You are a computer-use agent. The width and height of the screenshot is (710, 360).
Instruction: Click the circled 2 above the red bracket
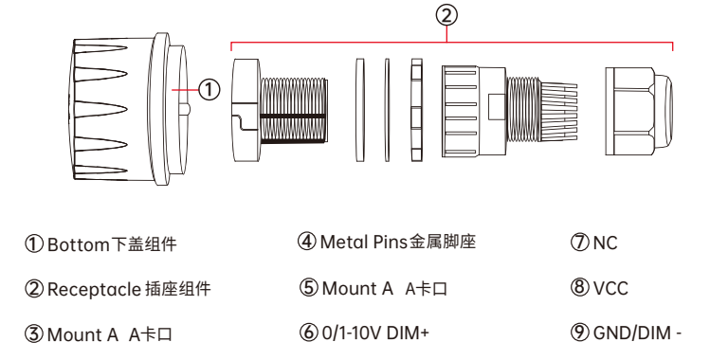[446, 16]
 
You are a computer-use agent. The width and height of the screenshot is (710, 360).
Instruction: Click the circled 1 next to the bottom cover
[209, 90]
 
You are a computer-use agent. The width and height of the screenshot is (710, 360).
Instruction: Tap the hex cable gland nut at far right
[639, 110]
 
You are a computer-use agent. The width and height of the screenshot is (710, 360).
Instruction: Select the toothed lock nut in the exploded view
[417, 110]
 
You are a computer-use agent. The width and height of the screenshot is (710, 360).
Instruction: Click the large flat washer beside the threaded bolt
[360, 110]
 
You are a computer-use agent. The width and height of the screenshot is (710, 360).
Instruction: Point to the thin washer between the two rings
[387, 110]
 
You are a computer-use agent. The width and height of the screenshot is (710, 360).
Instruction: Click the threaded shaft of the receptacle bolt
[294, 110]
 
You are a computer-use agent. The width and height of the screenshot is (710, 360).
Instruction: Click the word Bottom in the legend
[79, 244]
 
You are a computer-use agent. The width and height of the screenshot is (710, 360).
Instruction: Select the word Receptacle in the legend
[94, 290]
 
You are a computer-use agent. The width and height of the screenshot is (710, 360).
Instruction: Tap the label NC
[605, 243]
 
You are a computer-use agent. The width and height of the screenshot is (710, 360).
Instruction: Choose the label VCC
[610, 288]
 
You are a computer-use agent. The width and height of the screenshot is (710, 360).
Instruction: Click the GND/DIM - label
[637, 333]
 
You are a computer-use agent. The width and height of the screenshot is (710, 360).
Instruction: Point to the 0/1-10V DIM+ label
[375, 333]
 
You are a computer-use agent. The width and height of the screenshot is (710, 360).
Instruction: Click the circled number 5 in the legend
[309, 288]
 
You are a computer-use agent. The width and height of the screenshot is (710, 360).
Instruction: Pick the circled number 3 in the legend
[34, 334]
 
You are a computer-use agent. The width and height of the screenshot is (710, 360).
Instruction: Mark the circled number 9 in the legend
[580, 333]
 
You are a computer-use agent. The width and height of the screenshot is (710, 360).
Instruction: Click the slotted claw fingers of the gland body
[558, 111]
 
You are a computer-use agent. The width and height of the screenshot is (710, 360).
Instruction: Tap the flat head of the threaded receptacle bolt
[246, 110]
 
